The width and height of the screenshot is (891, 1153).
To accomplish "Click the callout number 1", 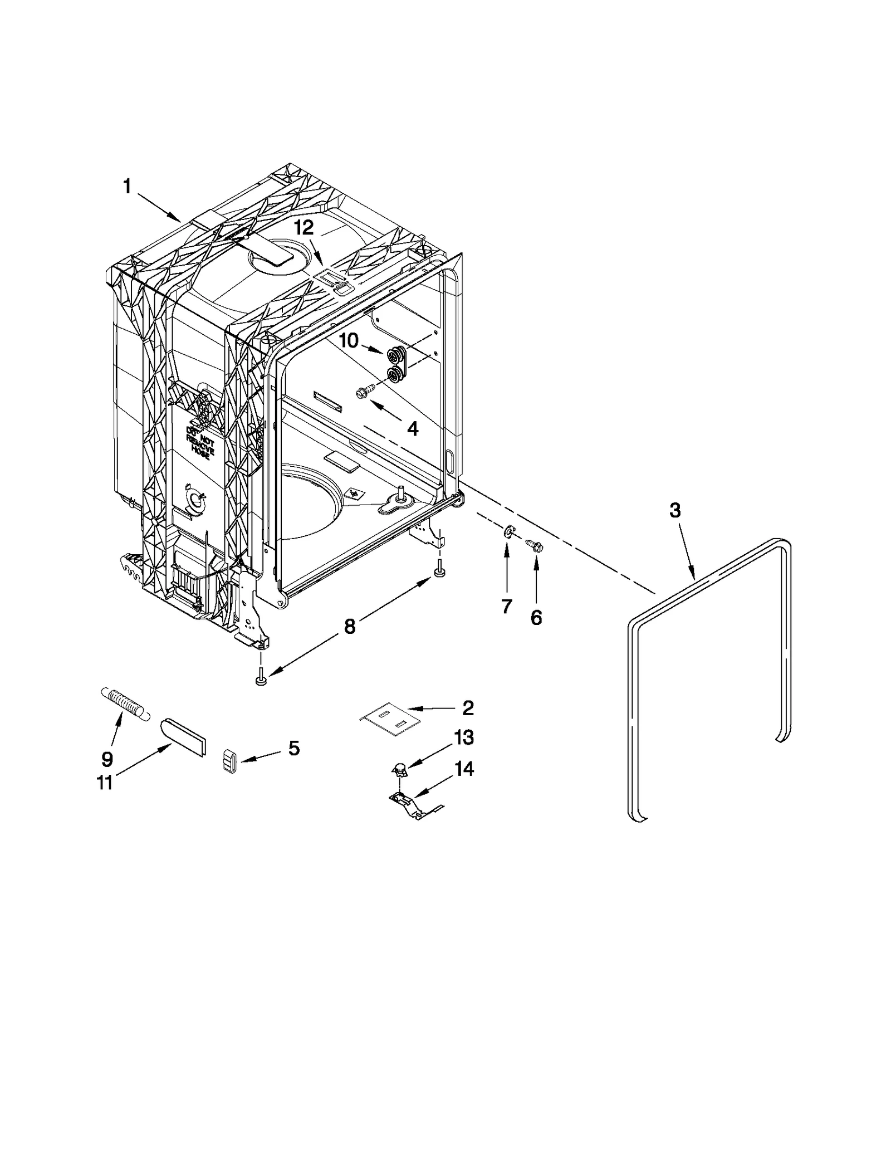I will tap(127, 187).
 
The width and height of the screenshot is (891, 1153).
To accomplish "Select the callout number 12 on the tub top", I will tap(304, 227).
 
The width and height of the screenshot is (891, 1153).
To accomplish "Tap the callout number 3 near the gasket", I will tap(674, 510).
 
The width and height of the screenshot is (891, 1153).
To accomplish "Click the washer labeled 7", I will tap(508, 533).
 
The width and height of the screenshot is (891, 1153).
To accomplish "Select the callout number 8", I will tap(349, 627).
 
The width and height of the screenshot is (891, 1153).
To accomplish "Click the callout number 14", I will tap(463, 770).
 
